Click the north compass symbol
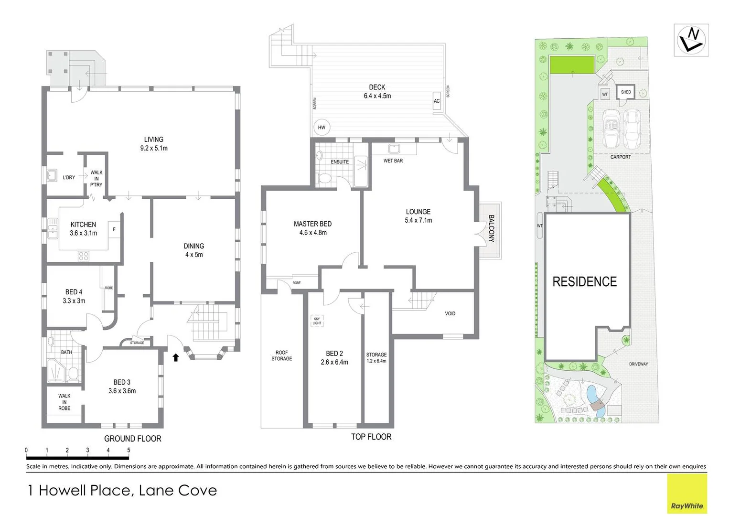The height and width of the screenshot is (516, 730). click(691, 41)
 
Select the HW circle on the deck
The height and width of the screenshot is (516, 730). click(322, 128)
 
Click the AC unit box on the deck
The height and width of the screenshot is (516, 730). click(437, 101)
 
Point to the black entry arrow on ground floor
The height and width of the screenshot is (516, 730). click(176, 357)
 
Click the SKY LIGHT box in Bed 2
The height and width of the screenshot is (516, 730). click(317, 321)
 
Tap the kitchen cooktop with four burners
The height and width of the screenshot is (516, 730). click(84, 256)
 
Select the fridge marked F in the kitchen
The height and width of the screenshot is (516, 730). click(114, 229)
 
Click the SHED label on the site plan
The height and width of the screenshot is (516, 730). click(626, 92)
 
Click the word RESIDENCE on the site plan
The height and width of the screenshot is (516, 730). click(585, 281)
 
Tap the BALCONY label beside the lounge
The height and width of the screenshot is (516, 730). click(492, 228)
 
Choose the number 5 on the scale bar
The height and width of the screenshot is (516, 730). click(129, 450)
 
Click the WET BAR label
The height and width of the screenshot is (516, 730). click(393, 161)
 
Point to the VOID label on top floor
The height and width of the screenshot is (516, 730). click(450, 313)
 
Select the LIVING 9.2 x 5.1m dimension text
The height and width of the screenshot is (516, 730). click(154, 144)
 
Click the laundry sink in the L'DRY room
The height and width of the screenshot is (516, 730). click(52, 175)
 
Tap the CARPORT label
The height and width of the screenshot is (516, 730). click(621, 157)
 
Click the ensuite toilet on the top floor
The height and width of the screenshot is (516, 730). click(324, 178)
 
